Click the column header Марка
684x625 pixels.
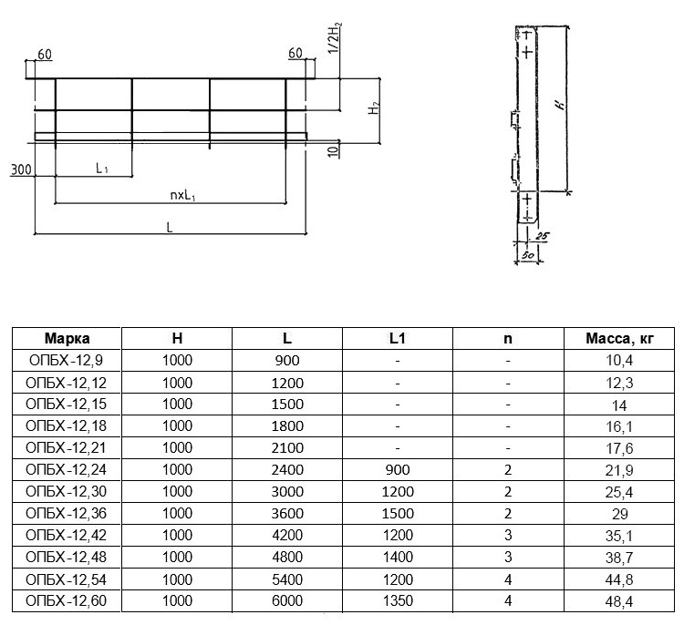click(x=67, y=339)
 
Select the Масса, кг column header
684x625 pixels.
click(x=619, y=339)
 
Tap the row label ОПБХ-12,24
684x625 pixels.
click(x=67, y=470)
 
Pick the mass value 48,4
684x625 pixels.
click(x=619, y=601)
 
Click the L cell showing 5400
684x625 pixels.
click(x=287, y=579)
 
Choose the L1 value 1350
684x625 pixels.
click(x=398, y=601)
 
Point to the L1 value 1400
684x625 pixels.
click(x=398, y=558)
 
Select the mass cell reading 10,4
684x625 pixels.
click(x=619, y=361)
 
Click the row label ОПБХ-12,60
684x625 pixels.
click(x=67, y=601)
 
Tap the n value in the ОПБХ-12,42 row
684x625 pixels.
click(x=508, y=535)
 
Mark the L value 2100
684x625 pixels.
click(x=287, y=448)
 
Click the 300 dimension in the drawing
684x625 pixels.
click(x=21, y=169)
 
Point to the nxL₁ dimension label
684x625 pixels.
click(x=182, y=196)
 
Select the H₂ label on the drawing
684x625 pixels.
click(x=375, y=108)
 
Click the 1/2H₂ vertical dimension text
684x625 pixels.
click(x=336, y=39)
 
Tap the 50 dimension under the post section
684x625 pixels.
click(x=528, y=255)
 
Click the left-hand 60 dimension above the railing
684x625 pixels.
click(x=45, y=55)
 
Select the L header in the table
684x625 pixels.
click(x=287, y=339)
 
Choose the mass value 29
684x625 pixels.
click(x=619, y=514)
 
